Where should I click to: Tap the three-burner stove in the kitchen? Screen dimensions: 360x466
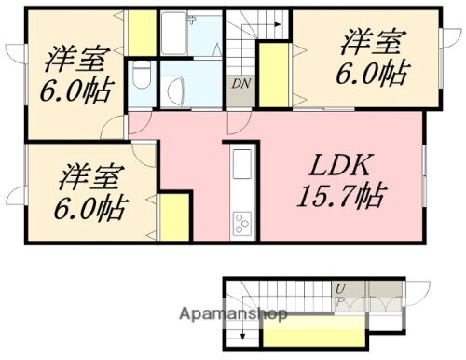coord(241,223)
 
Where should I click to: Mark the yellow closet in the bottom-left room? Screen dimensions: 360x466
coord(173,219)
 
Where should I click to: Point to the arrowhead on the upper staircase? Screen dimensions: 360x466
coord(279,27)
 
